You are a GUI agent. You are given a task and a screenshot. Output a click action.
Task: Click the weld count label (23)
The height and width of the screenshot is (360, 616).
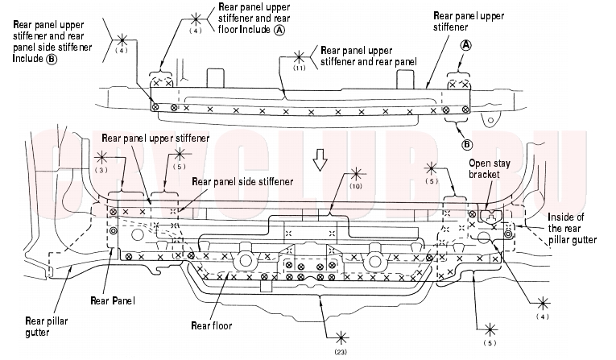(x=341, y=352)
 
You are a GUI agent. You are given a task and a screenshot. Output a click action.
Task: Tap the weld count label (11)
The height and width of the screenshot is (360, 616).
(x=299, y=68)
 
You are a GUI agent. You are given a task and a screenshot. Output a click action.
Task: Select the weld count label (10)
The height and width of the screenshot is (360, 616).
(x=356, y=186)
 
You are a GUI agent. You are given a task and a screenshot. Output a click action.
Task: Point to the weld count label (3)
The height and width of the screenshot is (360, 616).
(x=101, y=170)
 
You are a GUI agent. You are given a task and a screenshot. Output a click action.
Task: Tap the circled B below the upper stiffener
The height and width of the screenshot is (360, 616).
(x=467, y=145)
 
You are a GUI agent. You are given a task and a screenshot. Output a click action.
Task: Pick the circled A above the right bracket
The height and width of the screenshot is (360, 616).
(x=465, y=45)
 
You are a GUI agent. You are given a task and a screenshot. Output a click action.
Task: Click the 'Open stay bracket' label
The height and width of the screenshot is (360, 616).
(x=490, y=168)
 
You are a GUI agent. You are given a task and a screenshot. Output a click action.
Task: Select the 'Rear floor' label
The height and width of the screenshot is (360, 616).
(x=211, y=325)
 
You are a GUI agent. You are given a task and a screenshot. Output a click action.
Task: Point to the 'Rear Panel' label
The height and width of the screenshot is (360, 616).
(x=113, y=300)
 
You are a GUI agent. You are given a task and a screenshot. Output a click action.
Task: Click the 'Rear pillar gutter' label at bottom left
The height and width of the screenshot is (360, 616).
(x=47, y=327)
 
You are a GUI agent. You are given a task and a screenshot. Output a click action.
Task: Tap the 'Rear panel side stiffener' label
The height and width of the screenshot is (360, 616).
(x=242, y=181)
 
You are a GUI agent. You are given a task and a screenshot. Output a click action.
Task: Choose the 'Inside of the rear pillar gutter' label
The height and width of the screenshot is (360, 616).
(x=572, y=229)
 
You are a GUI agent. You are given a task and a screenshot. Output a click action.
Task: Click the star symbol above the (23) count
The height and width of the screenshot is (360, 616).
(x=341, y=338)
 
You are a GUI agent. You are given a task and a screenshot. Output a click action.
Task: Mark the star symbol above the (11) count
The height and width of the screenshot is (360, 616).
(x=299, y=57)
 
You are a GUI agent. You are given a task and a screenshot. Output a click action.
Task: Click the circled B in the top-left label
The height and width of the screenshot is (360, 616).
(x=52, y=59)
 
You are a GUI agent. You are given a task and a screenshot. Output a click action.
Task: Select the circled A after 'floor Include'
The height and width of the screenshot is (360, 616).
(x=279, y=30)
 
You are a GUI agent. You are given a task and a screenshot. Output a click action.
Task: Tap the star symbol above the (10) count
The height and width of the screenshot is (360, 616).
(x=356, y=174)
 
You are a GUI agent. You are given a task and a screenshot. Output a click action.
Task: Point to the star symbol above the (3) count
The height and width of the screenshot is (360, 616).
(x=101, y=158)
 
